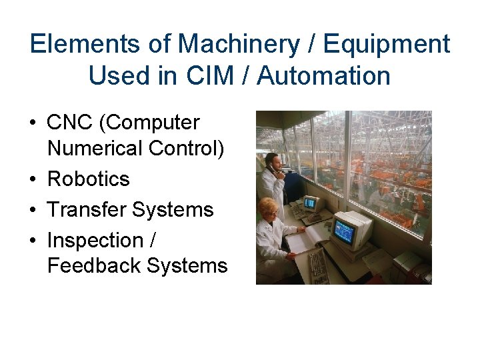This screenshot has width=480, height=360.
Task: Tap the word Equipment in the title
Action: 386,45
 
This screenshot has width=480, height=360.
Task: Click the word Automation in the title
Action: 324,76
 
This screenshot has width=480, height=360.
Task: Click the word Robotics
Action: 88,179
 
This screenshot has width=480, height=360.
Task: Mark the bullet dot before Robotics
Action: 32,179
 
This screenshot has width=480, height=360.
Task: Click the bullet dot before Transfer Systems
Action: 32,210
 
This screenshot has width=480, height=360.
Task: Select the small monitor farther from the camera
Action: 311,203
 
